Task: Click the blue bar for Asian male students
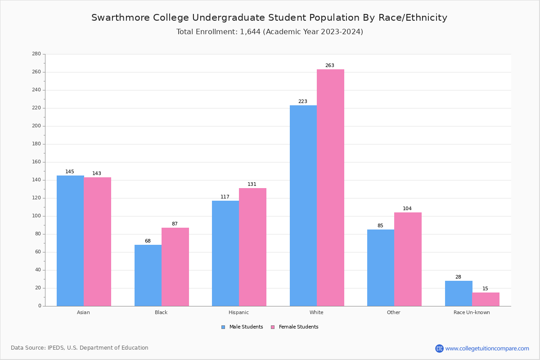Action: (70, 241)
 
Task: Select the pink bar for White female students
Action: (330, 188)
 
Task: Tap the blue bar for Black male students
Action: (148, 275)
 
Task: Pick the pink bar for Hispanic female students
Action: (252, 247)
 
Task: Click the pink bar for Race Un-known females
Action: (486, 299)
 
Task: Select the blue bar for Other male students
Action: (381, 268)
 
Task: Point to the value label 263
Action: (330, 66)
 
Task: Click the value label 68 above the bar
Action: (148, 241)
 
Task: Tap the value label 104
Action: (407, 209)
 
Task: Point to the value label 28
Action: (458, 277)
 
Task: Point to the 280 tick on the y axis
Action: (36, 54)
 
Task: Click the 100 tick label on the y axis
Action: (36, 216)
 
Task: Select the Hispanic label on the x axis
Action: (238, 312)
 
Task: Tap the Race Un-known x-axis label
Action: (472, 312)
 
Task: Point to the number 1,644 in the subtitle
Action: (250, 32)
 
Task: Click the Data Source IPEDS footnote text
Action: (80, 348)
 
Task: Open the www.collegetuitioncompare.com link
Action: (487, 348)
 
